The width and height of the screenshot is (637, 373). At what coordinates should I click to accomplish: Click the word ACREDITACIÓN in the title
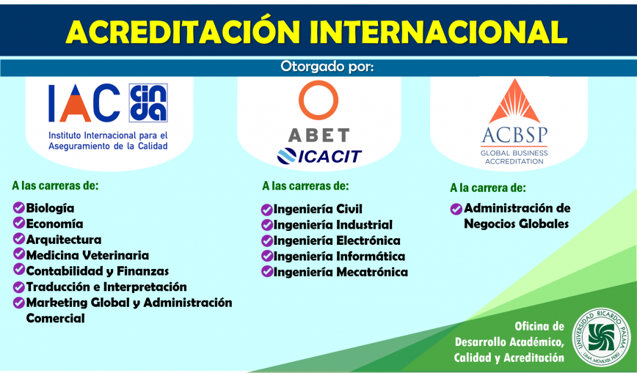183,32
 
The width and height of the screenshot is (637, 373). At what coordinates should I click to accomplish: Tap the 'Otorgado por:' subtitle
327,67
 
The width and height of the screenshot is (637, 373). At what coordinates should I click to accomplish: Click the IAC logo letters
84,103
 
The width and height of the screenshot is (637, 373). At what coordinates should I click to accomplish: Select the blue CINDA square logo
148,103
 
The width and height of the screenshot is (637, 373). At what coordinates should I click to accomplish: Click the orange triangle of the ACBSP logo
514,101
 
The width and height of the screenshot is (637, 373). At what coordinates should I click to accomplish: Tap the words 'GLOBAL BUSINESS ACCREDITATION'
514,157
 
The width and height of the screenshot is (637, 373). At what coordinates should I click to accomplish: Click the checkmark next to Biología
18,207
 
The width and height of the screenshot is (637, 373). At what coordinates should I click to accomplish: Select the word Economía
54,224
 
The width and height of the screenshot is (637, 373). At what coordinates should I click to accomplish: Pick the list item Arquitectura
64,240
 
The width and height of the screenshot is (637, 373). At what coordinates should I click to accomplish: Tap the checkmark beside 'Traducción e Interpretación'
18,287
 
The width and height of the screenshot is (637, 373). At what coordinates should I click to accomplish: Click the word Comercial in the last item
56,318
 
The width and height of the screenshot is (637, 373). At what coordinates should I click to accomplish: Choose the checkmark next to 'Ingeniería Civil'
266,210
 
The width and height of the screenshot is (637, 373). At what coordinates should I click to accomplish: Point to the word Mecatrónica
373,272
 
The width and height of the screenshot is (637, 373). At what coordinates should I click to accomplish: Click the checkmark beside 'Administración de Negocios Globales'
456,209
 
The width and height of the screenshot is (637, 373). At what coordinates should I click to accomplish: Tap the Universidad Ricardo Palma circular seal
601,337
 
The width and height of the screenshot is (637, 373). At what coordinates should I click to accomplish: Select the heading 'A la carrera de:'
487,188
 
